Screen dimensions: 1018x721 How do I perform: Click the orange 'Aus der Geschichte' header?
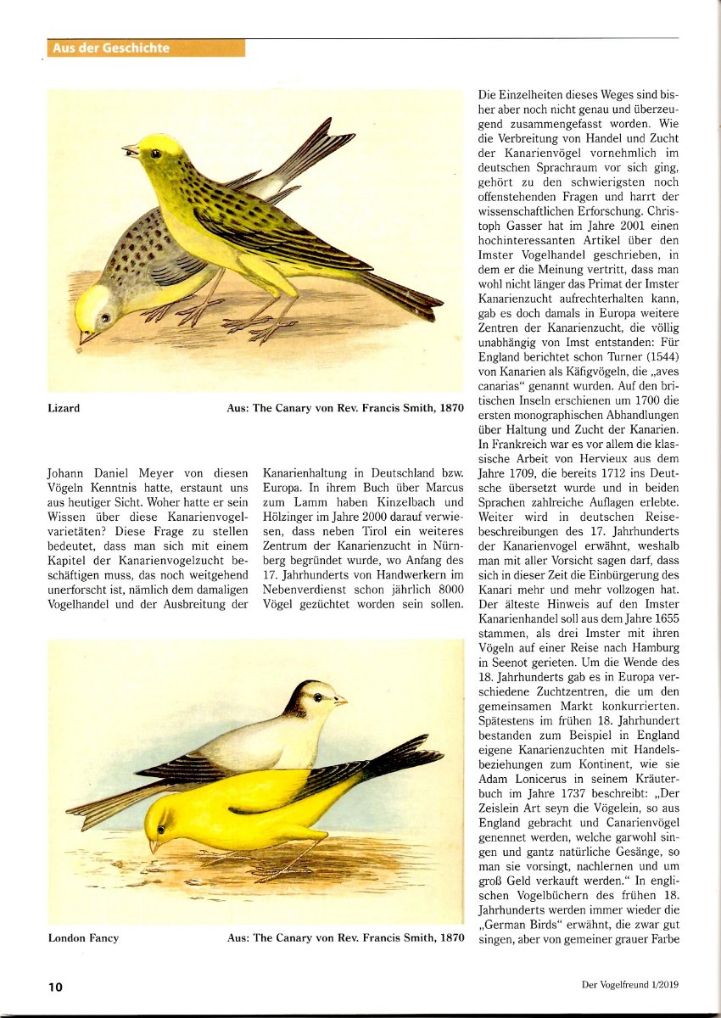coord(111,48)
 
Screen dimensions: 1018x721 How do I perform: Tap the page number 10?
coord(55,987)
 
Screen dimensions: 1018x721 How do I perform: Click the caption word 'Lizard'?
coord(64,408)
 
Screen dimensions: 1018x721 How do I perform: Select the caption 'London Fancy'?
coord(83,937)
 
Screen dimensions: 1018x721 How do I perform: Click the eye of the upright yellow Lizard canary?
coord(155,154)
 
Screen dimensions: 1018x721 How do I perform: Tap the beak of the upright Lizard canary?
coord(130,151)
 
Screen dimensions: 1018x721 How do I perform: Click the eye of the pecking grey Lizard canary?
coord(104,317)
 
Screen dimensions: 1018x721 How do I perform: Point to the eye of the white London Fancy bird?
coord(319,697)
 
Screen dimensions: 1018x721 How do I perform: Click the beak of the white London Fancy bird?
coord(340,701)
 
